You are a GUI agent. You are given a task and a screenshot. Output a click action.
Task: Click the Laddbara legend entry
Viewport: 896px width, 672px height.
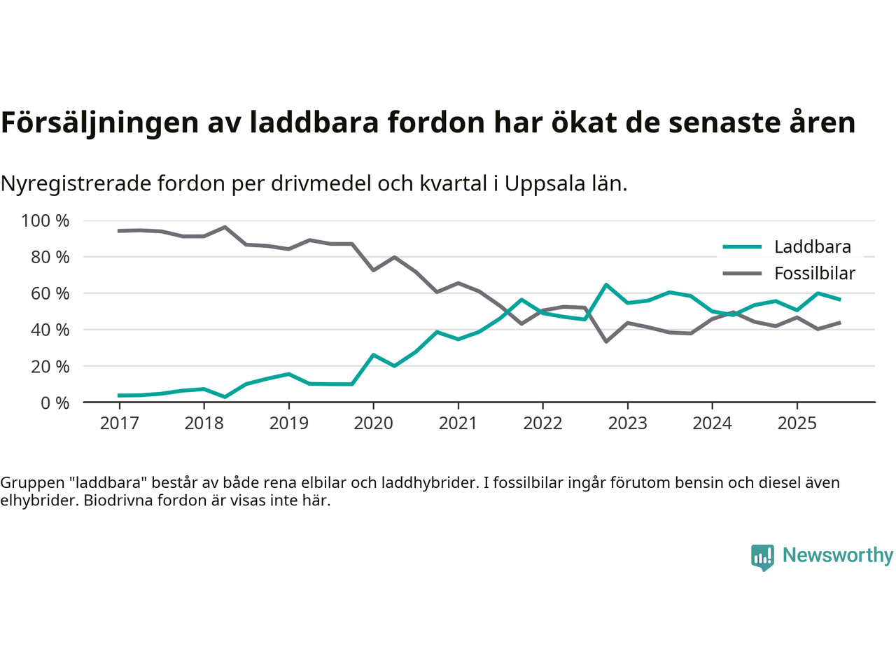click(812, 247)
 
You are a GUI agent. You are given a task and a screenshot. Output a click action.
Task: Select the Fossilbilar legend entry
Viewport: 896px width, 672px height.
click(814, 274)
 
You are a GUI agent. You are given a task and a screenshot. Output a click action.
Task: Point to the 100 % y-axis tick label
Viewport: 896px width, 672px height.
click(45, 221)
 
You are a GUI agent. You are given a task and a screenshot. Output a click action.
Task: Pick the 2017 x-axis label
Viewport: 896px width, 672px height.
click(119, 423)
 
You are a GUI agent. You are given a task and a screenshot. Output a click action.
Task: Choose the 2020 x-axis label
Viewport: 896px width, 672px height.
click(373, 423)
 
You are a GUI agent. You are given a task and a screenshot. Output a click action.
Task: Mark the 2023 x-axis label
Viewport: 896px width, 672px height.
click(627, 423)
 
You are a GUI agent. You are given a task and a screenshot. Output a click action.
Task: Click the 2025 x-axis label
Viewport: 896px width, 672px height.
click(797, 423)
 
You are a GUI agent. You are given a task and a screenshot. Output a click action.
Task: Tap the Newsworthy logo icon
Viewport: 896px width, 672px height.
click(762, 557)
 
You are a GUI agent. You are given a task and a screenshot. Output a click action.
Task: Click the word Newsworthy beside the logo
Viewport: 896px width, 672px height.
click(837, 556)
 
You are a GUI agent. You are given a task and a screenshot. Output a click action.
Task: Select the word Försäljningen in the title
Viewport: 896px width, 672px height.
click(99, 123)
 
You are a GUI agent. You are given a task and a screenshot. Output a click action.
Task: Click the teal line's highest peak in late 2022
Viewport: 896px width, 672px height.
click(606, 285)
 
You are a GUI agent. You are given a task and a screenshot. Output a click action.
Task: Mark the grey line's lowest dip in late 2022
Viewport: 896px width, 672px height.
click(606, 342)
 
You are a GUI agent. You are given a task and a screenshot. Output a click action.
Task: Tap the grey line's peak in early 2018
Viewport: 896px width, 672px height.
click(225, 227)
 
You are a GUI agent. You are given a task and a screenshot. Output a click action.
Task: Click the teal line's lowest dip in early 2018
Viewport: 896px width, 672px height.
click(225, 397)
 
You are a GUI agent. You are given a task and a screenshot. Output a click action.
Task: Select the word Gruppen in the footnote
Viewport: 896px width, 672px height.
click(30, 483)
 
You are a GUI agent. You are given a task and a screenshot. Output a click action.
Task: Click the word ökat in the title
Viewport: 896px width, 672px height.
click(581, 123)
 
